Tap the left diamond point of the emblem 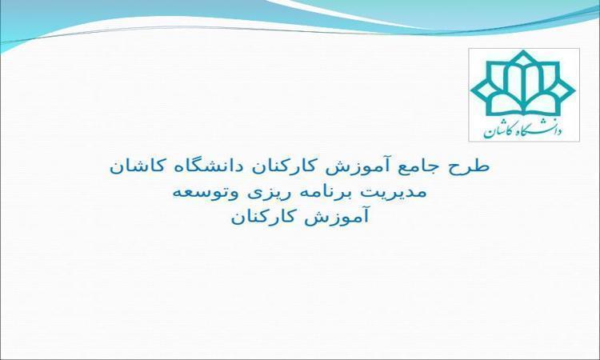tap(472, 91)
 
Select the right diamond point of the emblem tap(574, 91)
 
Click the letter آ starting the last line tap(365, 217)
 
